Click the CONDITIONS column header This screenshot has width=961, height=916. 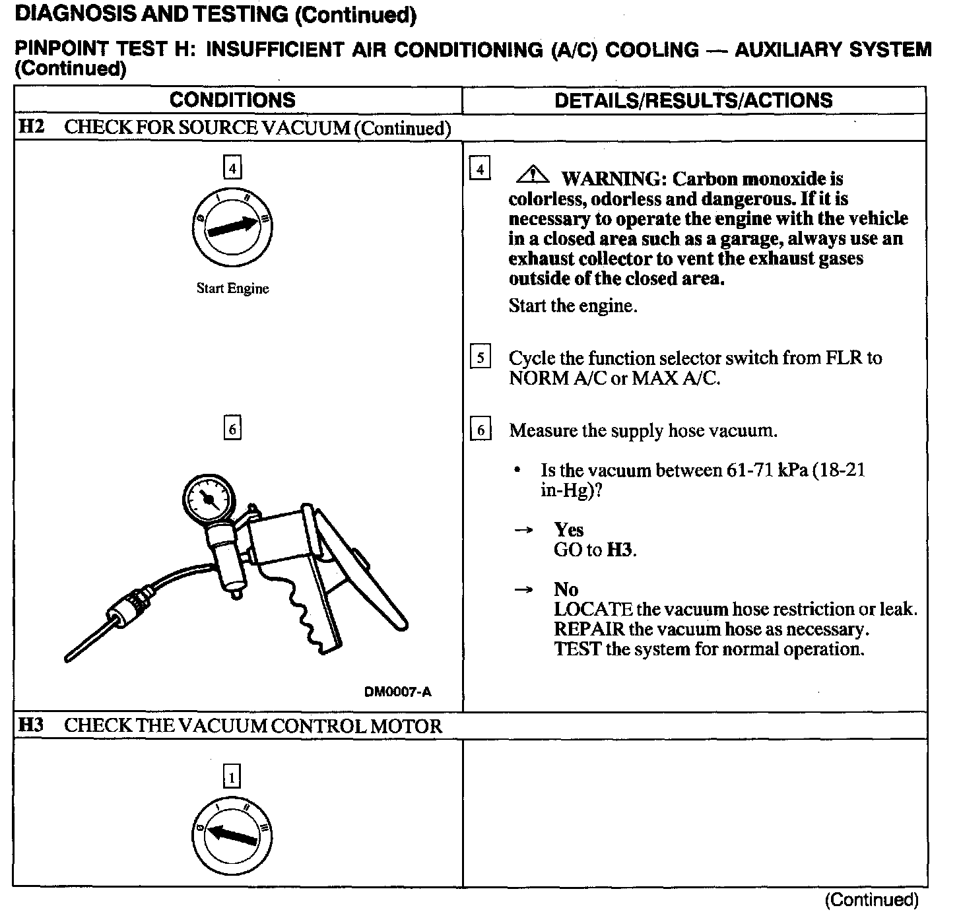(x=232, y=100)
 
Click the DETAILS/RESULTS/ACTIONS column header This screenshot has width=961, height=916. (x=693, y=100)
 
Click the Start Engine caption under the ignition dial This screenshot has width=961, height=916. (x=232, y=288)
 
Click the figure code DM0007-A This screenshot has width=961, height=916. (x=397, y=692)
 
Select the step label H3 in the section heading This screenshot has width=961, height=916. (x=30, y=726)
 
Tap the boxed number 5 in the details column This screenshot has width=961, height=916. (x=480, y=358)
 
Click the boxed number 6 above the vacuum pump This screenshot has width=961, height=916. (x=232, y=429)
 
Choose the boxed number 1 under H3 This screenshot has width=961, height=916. (x=232, y=777)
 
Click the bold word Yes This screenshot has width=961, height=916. (x=568, y=530)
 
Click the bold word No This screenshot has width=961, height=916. (x=566, y=589)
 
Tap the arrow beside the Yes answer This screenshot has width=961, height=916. (x=523, y=530)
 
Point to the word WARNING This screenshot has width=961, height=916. (x=609, y=179)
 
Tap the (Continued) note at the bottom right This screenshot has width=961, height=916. (x=871, y=900)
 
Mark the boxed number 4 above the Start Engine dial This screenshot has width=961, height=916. (x=232, y=168)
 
